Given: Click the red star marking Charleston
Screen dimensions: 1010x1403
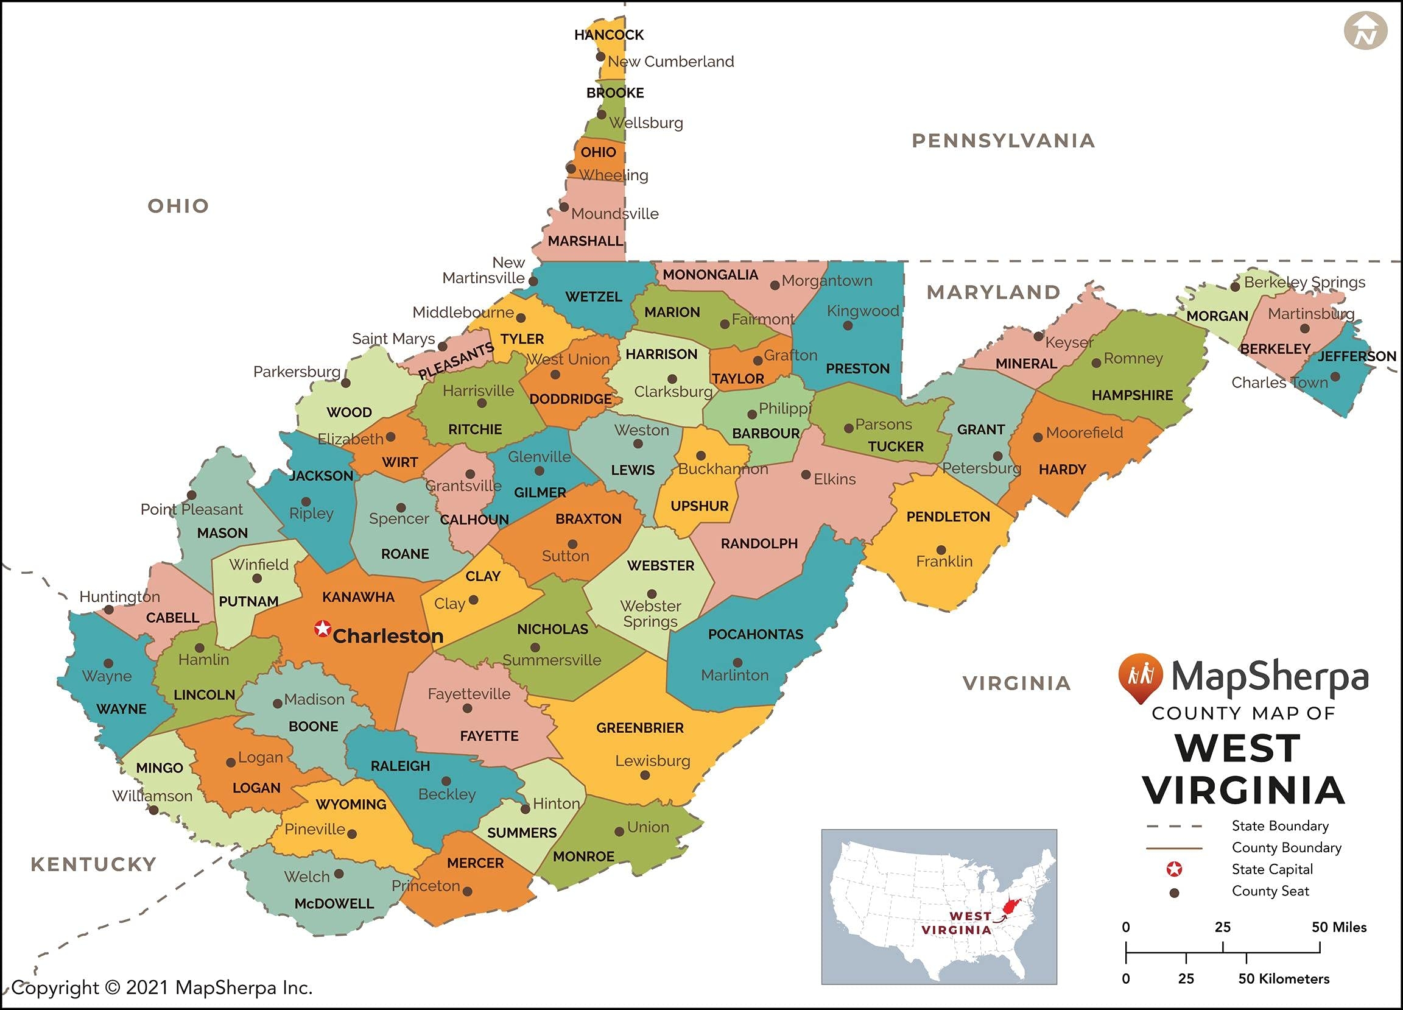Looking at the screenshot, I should pos(322,629).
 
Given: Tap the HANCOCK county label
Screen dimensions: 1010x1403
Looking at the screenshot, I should pos(609,35).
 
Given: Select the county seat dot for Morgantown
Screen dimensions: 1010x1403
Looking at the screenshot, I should pos(775,285).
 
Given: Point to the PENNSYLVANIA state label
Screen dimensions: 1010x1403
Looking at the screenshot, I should pos(1004,141).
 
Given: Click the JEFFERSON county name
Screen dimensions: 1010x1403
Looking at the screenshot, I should pos(1357,356).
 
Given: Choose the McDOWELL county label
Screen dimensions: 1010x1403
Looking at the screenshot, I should pos(334,903).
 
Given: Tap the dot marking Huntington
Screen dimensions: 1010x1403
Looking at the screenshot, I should pos(109,610).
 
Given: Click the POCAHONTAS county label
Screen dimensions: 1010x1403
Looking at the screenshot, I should pos(755,634).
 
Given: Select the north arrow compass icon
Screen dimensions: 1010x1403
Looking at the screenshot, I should pos(1365,31).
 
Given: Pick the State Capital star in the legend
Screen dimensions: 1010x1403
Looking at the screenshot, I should pos(1174,869).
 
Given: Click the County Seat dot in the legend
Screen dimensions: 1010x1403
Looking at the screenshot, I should pos(1174,893).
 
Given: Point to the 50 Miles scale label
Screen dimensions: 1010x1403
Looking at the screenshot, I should pos(1338,927).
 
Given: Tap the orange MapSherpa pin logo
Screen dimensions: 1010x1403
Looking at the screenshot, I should pos(1140,676).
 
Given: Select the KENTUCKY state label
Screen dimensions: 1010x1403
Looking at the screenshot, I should pos(93,864).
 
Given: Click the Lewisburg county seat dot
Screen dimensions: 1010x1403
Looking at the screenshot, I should pos(645,775).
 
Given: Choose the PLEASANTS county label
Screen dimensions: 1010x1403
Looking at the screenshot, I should pos(456,361).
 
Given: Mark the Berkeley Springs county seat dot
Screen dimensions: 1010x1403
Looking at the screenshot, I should pos(1235,286).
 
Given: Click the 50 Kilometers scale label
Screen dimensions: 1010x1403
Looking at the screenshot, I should pos(1283,979).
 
